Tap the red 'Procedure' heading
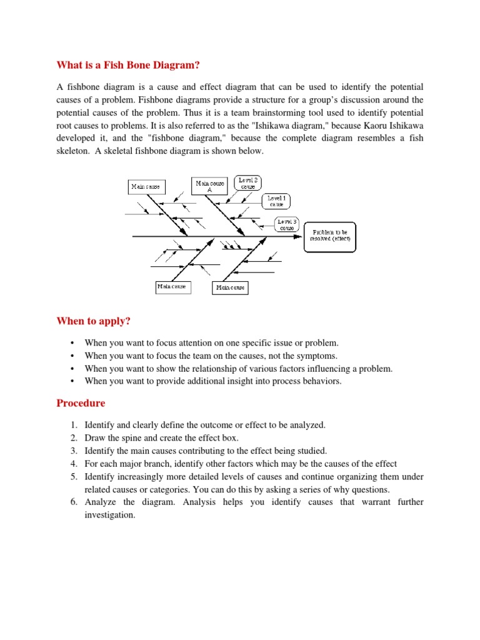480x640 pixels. [x=81, y=403]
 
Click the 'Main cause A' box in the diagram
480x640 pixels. [x=209, y=186]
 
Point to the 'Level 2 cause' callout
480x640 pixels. [x=248, y=182]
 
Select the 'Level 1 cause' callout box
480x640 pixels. [x=276, y=201]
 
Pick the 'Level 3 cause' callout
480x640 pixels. [x=287, y=224]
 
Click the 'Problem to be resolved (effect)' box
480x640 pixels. [x=330, y=236]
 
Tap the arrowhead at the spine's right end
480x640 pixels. [x=301, y=236]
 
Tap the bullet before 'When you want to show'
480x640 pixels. [x=73, y=369]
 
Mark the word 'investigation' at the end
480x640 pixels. [x=109, y=516]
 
